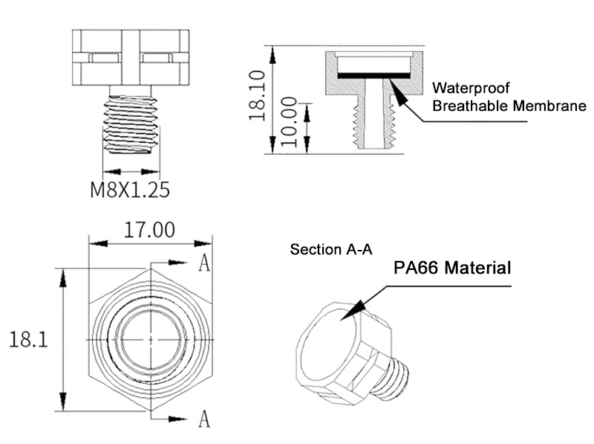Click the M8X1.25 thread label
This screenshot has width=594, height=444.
(x=130, y=189)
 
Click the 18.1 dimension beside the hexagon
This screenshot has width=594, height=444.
(x=29, y=341)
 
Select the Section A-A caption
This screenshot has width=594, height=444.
(x=330, y=250)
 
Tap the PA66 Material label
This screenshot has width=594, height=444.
(x=452, y=268)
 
